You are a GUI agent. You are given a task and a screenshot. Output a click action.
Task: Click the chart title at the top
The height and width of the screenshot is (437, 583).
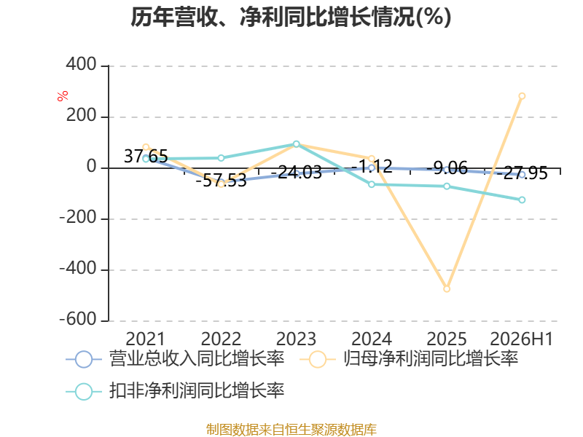tap(291, 17)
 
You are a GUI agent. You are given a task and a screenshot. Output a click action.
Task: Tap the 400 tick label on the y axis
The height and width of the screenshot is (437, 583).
tap(82, 64)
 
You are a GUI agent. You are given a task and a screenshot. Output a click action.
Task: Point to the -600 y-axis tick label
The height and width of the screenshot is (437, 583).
tap(78, 319)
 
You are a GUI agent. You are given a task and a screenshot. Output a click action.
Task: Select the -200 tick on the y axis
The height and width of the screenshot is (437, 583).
tap(78, 217)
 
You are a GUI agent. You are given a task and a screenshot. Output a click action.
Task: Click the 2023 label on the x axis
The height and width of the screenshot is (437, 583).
tap(296, 339)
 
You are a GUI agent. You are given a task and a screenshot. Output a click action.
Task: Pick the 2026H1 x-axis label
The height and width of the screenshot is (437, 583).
tap(522, 339)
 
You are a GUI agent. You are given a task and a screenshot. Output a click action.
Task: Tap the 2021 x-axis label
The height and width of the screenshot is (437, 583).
tap(145, 339)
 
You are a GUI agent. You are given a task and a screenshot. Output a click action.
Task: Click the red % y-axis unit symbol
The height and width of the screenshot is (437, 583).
tap(63, 96)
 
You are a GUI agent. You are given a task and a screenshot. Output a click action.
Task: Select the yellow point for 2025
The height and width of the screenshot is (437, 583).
tap(447, 288)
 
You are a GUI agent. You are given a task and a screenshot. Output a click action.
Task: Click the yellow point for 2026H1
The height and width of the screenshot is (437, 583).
tap(522, 96)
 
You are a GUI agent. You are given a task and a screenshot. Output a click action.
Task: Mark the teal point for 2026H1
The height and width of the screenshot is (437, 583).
tap(522, 200)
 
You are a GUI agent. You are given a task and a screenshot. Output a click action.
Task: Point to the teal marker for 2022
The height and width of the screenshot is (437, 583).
tap(221, 158)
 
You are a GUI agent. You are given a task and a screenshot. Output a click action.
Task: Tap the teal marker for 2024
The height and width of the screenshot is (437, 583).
tap(372, 184)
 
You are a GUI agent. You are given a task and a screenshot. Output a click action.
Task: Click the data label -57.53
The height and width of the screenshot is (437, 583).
tap(221, 181)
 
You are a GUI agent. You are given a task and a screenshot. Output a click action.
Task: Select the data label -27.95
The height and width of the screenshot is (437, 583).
tap(522, 173)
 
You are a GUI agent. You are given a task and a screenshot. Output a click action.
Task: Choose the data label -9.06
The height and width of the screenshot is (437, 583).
tap(447, 168)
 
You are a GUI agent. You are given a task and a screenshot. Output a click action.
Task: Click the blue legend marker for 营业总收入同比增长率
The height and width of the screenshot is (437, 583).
tap(84, 359)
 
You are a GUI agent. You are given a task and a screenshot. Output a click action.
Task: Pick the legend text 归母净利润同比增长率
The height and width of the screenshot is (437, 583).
tap(430, 358)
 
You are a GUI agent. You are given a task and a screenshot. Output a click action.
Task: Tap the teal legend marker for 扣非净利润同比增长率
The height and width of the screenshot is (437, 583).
tap(84, 391)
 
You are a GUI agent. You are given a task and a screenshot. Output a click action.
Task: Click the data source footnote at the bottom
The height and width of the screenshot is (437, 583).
tap(291, 429)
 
